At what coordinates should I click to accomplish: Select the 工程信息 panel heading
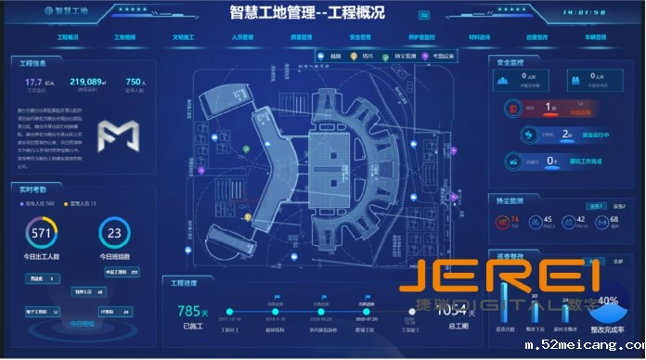click(34, 63)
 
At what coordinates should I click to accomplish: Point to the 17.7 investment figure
click(34, 83)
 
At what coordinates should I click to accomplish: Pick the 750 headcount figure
click(134, 83)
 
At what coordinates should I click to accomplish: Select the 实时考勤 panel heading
click(34, 187)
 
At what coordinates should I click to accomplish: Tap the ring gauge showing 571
click(41, 233)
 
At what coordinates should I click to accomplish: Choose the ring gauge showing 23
click(115, 233)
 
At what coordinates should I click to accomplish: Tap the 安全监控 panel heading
click(511, 62)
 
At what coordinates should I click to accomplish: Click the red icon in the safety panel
click(512, 109)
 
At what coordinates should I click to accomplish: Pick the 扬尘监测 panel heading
click(511, 199)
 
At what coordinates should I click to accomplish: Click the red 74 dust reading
click(514, 219)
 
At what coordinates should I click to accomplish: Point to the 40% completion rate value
click(609, 301)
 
